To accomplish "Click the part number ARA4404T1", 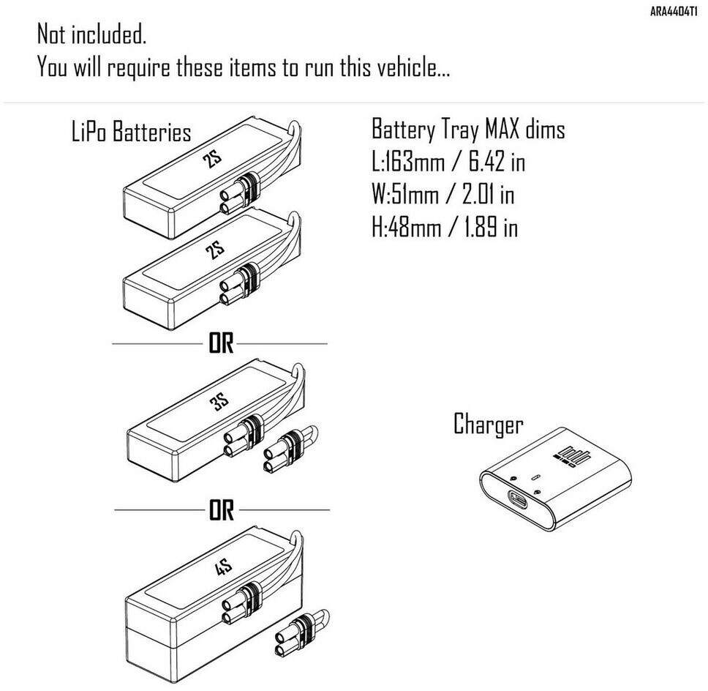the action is (673, 12).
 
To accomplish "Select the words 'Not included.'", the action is (92, 34).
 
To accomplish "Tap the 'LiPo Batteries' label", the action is (132, 132).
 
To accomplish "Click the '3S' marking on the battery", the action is (220, 401).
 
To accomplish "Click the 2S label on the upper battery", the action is (212, 159).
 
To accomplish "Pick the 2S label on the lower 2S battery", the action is (214, 250).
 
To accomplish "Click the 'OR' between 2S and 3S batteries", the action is (221, 344).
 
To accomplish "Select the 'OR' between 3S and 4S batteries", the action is (222, 510).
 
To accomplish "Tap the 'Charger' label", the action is (488, 425).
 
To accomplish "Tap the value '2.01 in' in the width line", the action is (488, 194).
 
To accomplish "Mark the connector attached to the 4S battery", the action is (241, 603).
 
